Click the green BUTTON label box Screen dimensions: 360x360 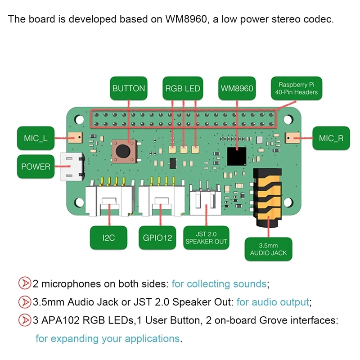129,88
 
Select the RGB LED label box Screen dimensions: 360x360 183,88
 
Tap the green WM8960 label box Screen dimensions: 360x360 237,88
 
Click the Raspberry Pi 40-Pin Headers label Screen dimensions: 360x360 297,88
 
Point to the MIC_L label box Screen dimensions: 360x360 36,138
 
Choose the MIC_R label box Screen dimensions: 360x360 331,138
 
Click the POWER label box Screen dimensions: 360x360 36,166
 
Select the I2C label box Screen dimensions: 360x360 108,238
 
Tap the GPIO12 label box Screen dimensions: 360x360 157,238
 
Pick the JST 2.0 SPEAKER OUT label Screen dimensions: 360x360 206,238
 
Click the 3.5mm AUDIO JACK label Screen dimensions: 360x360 268,249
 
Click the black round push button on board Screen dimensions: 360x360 123,151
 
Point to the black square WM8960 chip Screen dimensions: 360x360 237,156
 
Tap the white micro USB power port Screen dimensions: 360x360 72,166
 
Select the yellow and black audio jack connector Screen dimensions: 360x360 268,198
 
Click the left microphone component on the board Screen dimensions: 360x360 75,138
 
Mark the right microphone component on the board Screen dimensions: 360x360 292,138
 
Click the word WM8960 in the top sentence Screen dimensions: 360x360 186,19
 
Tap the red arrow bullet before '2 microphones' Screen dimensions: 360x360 25,283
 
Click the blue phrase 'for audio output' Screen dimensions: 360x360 273,302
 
